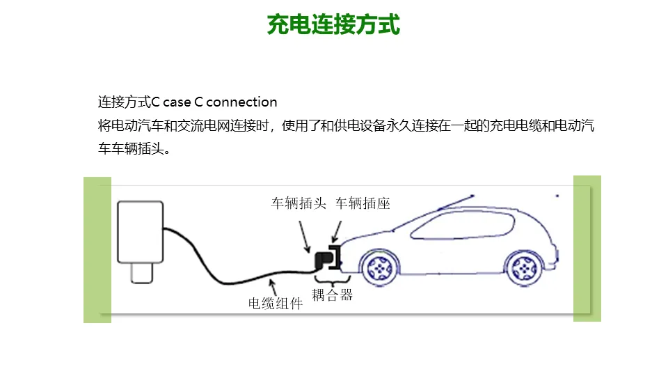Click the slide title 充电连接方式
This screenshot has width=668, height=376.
pyautogui.click(x=333, y=25)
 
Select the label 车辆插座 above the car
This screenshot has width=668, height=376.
pyautogui.click(x=363, y=204)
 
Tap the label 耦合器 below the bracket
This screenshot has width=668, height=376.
pyautogui.click(x=332, y=295)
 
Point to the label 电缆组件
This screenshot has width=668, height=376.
pyautogui.click(x=276, y=304)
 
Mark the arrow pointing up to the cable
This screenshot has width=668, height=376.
pyautogui.click(x=273, y=288)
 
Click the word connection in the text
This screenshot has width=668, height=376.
pyautogui.click(x=241, y=102)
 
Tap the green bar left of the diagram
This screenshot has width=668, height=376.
pyautogui.click(x=97, y=249)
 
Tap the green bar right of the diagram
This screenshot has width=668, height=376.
pyautogui.click(x=587, y=249)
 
